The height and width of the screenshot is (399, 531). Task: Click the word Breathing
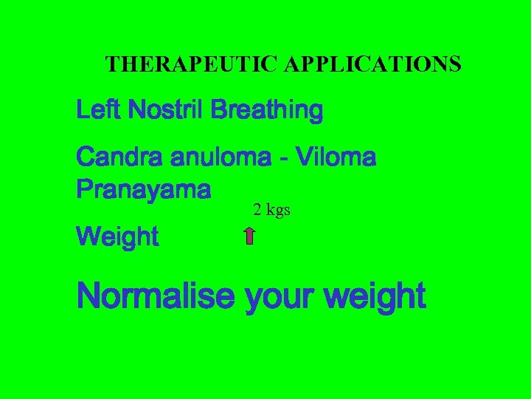(266, 112)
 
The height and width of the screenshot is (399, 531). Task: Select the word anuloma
(225, 157)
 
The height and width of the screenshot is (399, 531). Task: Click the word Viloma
(335, 157)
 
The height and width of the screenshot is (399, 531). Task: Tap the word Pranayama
(144, 190)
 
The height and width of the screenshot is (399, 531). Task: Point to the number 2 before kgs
(257, 210)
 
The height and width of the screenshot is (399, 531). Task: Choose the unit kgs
(278, 211)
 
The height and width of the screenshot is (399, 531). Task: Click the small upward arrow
(249, 236)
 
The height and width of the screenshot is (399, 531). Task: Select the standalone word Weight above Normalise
(117, 238)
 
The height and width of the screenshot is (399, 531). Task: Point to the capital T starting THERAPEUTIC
(112, 65)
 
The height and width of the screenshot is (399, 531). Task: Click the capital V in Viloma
(302, 157)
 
